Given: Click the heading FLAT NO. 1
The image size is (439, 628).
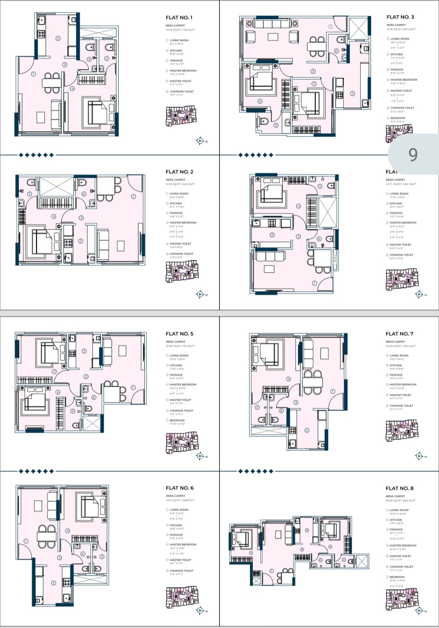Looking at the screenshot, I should point(179,18).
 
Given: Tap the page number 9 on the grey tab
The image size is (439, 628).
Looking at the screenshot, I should point(413,155).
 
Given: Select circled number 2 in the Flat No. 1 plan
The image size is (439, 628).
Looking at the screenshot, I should point(58,38).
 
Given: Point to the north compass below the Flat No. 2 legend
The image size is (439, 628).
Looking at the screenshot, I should point(200,294).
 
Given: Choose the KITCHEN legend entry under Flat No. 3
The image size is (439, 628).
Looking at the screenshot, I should point(396,54).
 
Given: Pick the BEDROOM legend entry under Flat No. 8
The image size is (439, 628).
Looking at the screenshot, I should point(397,577).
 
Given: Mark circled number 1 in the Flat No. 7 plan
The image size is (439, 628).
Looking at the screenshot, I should point(333,392).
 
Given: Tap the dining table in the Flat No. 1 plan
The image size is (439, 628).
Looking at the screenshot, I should point(52,83).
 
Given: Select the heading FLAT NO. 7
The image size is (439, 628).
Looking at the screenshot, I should point(399,334).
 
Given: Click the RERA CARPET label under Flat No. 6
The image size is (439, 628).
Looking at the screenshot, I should point(175,496).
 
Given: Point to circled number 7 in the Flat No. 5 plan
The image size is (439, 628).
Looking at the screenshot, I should point(54,372).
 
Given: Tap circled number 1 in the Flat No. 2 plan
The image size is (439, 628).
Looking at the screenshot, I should point(133,197).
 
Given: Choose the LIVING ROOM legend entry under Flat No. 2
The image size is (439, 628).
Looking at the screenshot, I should point(179,194).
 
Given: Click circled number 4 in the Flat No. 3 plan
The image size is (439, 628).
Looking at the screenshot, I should point(260,101).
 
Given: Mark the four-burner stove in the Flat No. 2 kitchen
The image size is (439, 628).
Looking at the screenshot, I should point(68,243).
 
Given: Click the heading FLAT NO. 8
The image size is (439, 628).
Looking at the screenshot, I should point(399,488).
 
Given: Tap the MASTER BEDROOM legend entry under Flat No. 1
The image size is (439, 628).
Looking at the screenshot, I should point(183,71).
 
